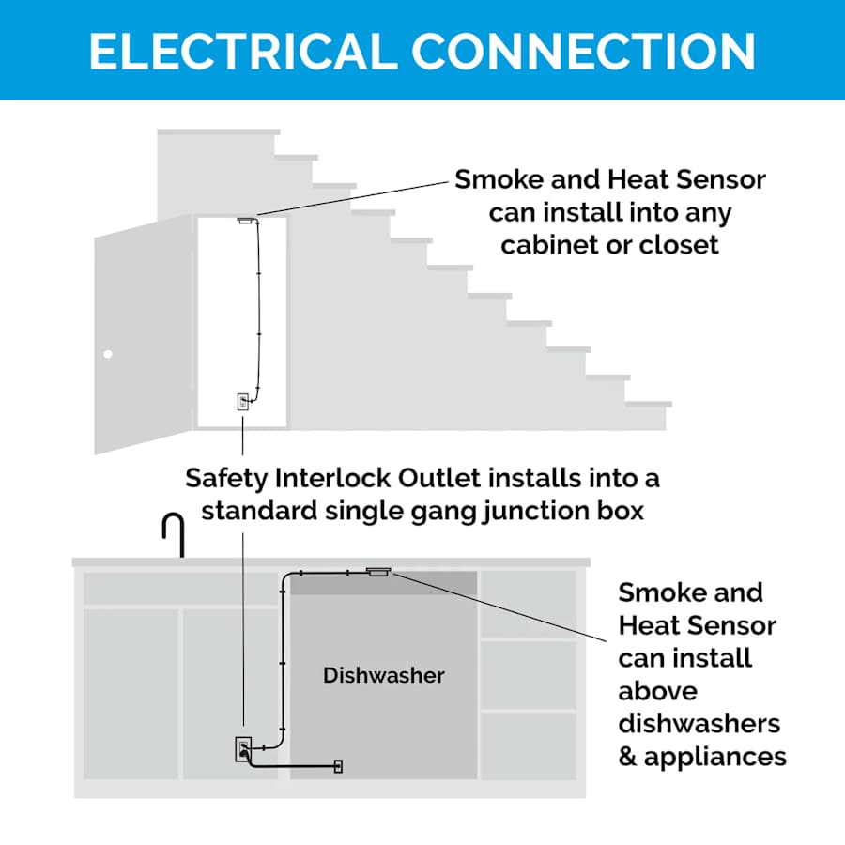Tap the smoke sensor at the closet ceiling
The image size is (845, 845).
point(248,221)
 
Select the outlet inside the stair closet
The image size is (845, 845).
point(242,402)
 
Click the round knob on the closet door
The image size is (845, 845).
point(108,355)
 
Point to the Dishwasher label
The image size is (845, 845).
point(383,675)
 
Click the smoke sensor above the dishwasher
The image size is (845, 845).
point(378,571)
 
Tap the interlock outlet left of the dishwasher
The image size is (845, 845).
point(243,750)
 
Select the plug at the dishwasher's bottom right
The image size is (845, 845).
point(338,766)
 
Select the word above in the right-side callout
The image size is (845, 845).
point(657,691)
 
